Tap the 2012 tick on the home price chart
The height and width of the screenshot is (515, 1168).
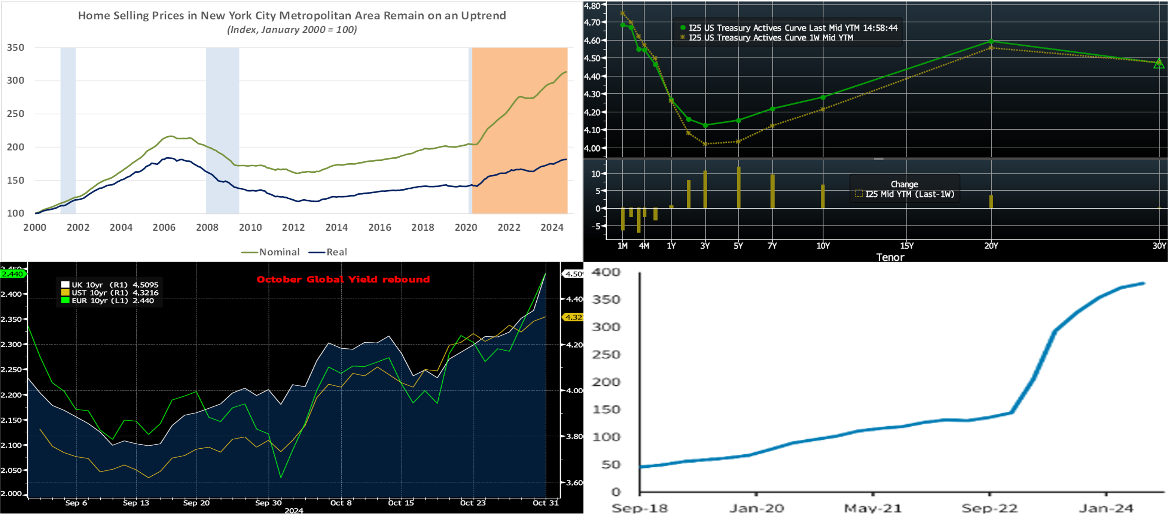(293, 227)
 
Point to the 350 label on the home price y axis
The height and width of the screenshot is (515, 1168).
(15, 48)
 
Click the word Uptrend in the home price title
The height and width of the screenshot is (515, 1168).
(484, 15)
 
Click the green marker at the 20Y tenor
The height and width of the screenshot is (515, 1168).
(991, 41)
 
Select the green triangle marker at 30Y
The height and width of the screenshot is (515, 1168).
(1159, 64)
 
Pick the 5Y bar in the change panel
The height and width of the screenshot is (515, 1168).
(739, 187)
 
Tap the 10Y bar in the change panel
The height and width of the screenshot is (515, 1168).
(823, 196)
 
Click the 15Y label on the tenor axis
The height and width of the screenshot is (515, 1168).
(907, 246)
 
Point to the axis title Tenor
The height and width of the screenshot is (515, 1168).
(890, 257)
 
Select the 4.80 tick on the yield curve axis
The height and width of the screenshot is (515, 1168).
(592, 6)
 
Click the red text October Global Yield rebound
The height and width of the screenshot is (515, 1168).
(343, 279)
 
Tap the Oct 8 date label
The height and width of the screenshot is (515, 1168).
(341, 503)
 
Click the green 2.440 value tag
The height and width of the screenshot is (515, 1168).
(12, 274)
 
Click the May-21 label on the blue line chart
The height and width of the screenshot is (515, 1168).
(873, 508)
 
